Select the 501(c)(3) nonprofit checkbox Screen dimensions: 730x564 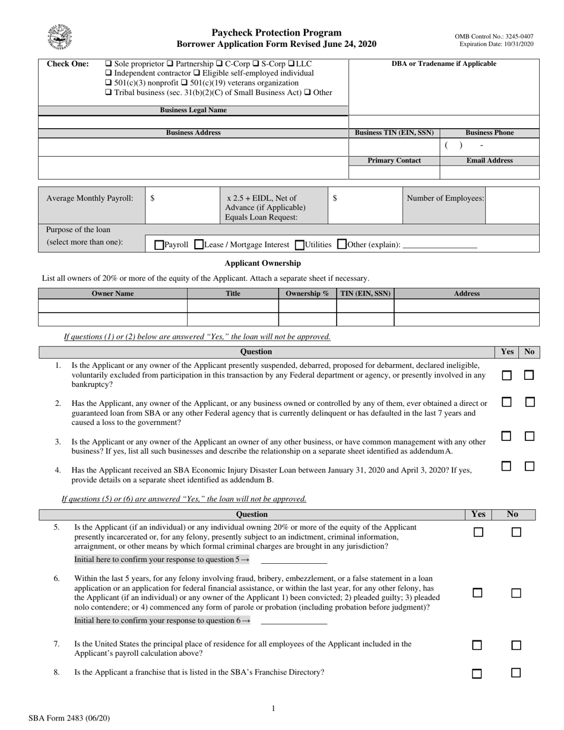point(108,83)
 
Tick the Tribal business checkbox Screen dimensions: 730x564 point(108,93)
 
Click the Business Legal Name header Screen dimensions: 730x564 point(193,110)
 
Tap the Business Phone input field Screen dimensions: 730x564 point(490,146)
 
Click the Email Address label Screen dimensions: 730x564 point(489,161)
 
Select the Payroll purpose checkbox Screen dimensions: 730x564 point(159,245)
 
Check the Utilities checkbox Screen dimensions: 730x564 point(299,245)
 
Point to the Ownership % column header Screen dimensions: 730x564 point(307,294)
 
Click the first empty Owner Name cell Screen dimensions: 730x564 point(113,306)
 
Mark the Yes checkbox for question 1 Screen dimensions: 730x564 point(506,375)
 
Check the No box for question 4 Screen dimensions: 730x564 point(529,466)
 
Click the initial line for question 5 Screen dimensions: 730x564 point(294,559)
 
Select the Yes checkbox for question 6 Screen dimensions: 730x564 point(477,593)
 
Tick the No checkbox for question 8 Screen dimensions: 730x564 point(516,673)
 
